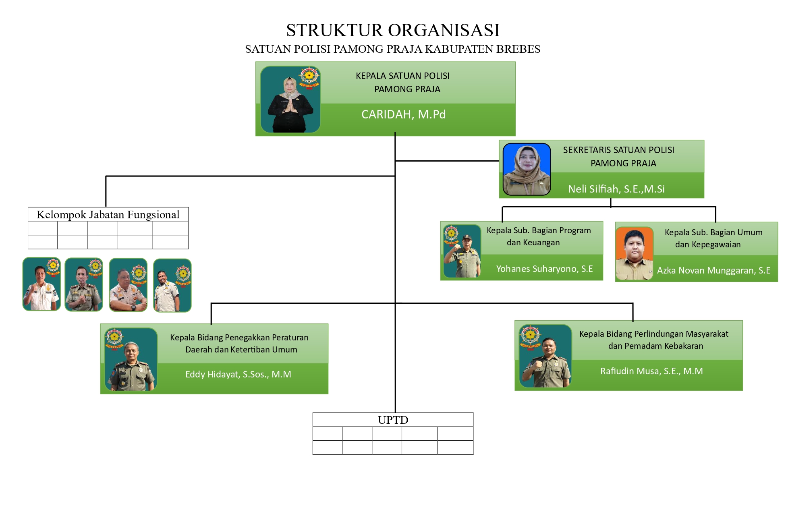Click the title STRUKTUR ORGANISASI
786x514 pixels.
click(x=393, y=30)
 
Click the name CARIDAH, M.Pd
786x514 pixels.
click(x=403, y=114)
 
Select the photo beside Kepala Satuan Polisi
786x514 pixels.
click(x=290, y=99)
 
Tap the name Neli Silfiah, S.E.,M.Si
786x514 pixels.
click(x=616, y=189)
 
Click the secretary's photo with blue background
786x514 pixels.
click(x=527, y=169)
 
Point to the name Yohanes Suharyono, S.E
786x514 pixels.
click(x=544, y=269)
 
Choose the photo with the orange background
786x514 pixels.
click(x=634, y=253)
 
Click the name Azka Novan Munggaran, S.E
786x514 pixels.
click(x=713, y=270)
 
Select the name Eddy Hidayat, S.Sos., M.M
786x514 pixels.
click(x=238, y=374)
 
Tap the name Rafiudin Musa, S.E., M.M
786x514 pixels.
click(x=651, y=371)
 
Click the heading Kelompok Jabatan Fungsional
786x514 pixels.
click(x=108, y=215)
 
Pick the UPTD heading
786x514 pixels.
click(x=393, y=420)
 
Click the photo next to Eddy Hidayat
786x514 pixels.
click(x=131, y=359)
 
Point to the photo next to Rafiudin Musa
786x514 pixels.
click(x=545, y=356)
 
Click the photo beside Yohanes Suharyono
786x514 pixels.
click(x=462, y=251)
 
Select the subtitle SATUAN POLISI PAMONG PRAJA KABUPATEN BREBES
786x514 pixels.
click(x=393, y=49)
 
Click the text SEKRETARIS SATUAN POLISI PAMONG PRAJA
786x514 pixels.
click(x=619, y=157)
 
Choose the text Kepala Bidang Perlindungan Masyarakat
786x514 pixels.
click(x=654, y=334)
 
